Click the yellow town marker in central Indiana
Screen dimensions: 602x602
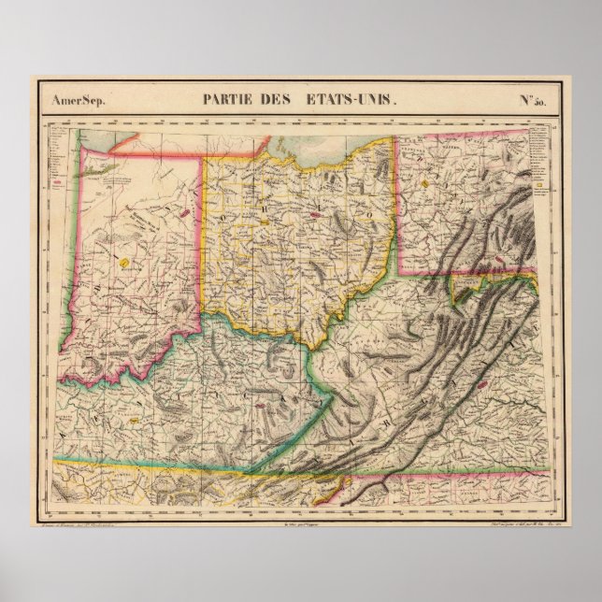123,265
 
